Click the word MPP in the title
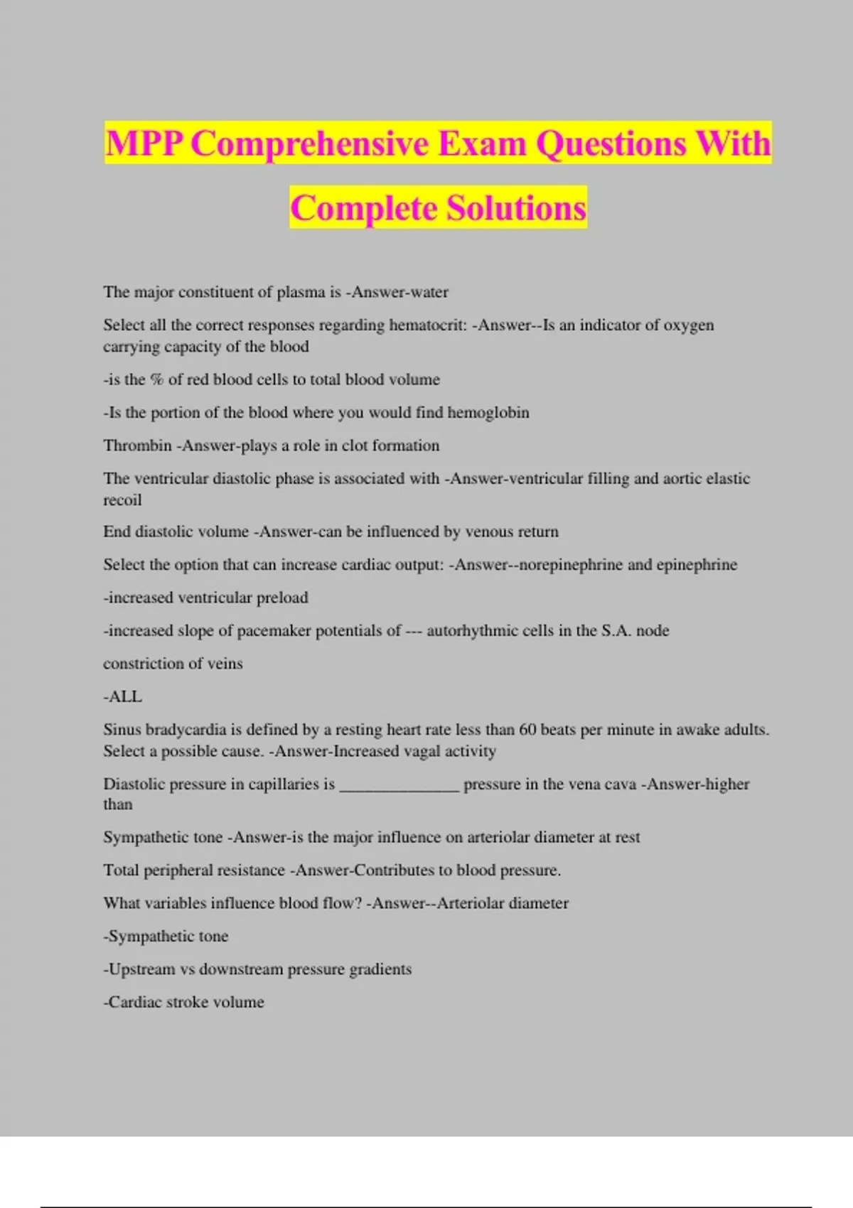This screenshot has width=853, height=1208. [146, 144]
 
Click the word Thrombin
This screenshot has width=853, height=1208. [137, 446]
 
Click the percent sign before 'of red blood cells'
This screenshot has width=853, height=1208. [156, 379]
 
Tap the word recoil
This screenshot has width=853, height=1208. [122, 500]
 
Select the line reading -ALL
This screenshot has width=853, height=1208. [123, 696]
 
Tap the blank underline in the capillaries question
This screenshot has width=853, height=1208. [399, 785]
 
